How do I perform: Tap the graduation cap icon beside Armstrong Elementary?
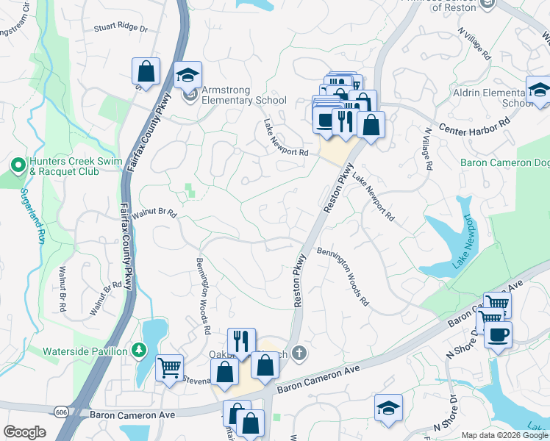187,75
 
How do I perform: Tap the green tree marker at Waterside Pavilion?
137,351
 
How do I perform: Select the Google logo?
25,432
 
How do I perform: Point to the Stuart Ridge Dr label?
121,29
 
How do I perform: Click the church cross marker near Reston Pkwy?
297,354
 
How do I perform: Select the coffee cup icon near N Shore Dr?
498,334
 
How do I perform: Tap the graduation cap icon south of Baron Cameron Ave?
388,409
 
